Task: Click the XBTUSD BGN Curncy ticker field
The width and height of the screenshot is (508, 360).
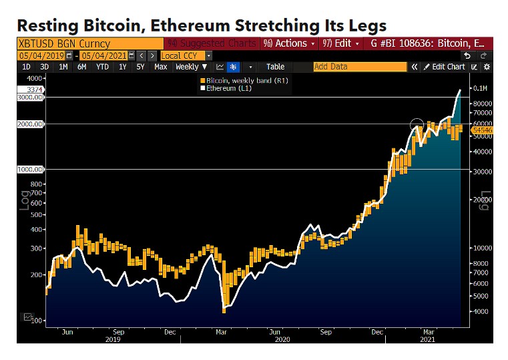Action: [63, 43]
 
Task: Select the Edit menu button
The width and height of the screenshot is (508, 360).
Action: [340, 43]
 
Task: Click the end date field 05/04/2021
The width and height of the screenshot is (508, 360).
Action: [103, 55]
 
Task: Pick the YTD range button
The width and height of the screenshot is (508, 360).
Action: [102, 67]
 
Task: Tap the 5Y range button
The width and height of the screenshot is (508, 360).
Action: [140, 67]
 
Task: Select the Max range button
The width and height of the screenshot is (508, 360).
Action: [160, 67]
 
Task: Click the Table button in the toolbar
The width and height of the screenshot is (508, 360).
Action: [275, 67]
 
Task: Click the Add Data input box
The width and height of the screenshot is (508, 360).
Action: [360, 67]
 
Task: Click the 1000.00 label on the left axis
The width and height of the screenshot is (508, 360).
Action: [31, 170]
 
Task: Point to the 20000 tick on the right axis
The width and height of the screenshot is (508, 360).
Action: [482, 200]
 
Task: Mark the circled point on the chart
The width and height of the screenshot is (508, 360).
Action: [417, 125]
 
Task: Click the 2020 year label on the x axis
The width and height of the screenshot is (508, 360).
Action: [282, 339]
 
